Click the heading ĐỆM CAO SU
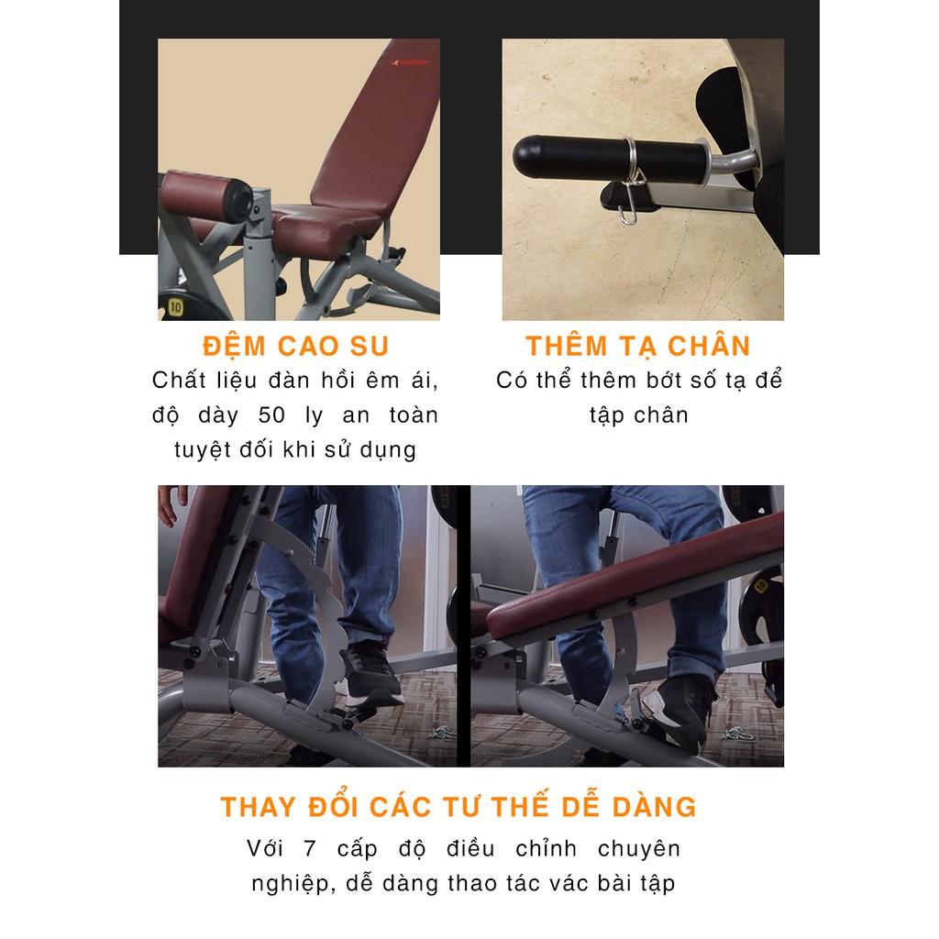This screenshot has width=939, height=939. click(x=296, y=345)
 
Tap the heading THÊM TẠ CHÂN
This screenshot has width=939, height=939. click(x=638, y=345)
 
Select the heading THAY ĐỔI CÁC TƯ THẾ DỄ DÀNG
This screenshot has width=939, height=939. click(x=458, y=806)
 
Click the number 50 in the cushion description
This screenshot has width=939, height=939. click(x=271, y=415)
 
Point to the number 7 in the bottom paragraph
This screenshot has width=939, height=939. click(x=310, y=848)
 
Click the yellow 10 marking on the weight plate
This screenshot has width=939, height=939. click(x=175, y=307)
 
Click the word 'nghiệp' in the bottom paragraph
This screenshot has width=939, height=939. click(x=290, y=884)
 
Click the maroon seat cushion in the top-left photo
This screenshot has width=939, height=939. click(x=326, y=226)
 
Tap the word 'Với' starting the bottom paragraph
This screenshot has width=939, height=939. click(x=264, y=848)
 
